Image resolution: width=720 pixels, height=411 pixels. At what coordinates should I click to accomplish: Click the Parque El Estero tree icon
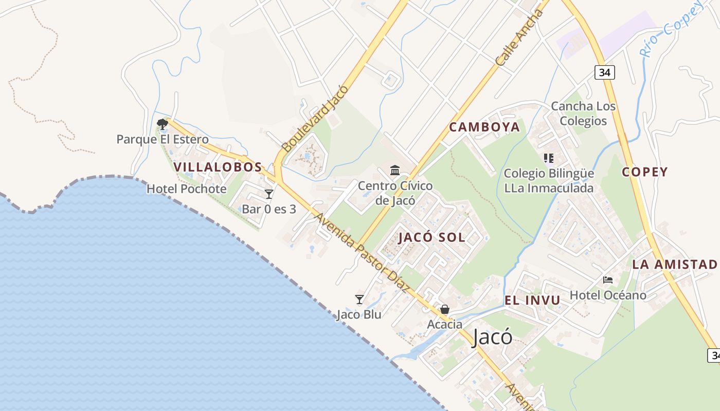163,124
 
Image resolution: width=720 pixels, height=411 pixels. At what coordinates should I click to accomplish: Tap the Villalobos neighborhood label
218,167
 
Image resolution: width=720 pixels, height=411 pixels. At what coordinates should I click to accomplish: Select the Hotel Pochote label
186,189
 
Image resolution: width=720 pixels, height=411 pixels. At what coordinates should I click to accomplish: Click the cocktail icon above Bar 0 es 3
269,194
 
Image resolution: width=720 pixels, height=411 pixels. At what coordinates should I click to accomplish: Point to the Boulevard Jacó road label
315,119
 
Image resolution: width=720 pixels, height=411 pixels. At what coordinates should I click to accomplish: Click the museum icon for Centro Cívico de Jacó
395,170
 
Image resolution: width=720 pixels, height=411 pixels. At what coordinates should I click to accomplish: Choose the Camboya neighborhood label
484,127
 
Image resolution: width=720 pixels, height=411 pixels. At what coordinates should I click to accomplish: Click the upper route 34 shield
604,72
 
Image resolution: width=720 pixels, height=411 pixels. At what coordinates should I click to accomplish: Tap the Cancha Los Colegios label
583,114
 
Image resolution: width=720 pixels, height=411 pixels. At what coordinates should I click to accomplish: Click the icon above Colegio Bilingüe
548,158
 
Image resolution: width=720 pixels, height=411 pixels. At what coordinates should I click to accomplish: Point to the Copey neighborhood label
644,172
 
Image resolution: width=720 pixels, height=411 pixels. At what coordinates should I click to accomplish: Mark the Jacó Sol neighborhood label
431,237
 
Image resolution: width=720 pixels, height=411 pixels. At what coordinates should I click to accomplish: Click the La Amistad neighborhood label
674,265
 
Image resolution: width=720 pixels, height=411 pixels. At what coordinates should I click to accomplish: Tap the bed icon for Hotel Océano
608,280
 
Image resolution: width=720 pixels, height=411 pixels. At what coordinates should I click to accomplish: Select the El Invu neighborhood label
532,301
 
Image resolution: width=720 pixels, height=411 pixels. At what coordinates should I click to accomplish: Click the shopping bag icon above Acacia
444,309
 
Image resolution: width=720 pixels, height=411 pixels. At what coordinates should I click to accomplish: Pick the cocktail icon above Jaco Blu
359,299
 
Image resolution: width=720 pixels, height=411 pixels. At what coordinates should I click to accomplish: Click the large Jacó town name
492,337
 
